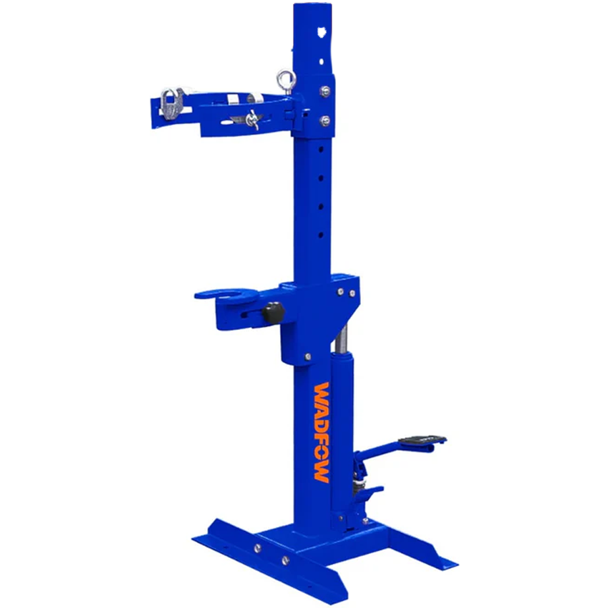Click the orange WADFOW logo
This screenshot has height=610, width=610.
point(321,433)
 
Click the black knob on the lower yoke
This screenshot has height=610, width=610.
point(273,312)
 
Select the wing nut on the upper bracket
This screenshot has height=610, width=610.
point(252,120)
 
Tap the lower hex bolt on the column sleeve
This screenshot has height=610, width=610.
point(325,121)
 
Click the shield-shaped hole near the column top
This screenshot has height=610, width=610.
point(321,30)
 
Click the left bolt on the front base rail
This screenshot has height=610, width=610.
point(256,547)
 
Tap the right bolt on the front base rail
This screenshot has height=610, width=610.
point(285,559)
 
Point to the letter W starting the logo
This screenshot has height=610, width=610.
point(322,393)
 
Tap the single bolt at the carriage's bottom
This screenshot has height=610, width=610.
point(308,356)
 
